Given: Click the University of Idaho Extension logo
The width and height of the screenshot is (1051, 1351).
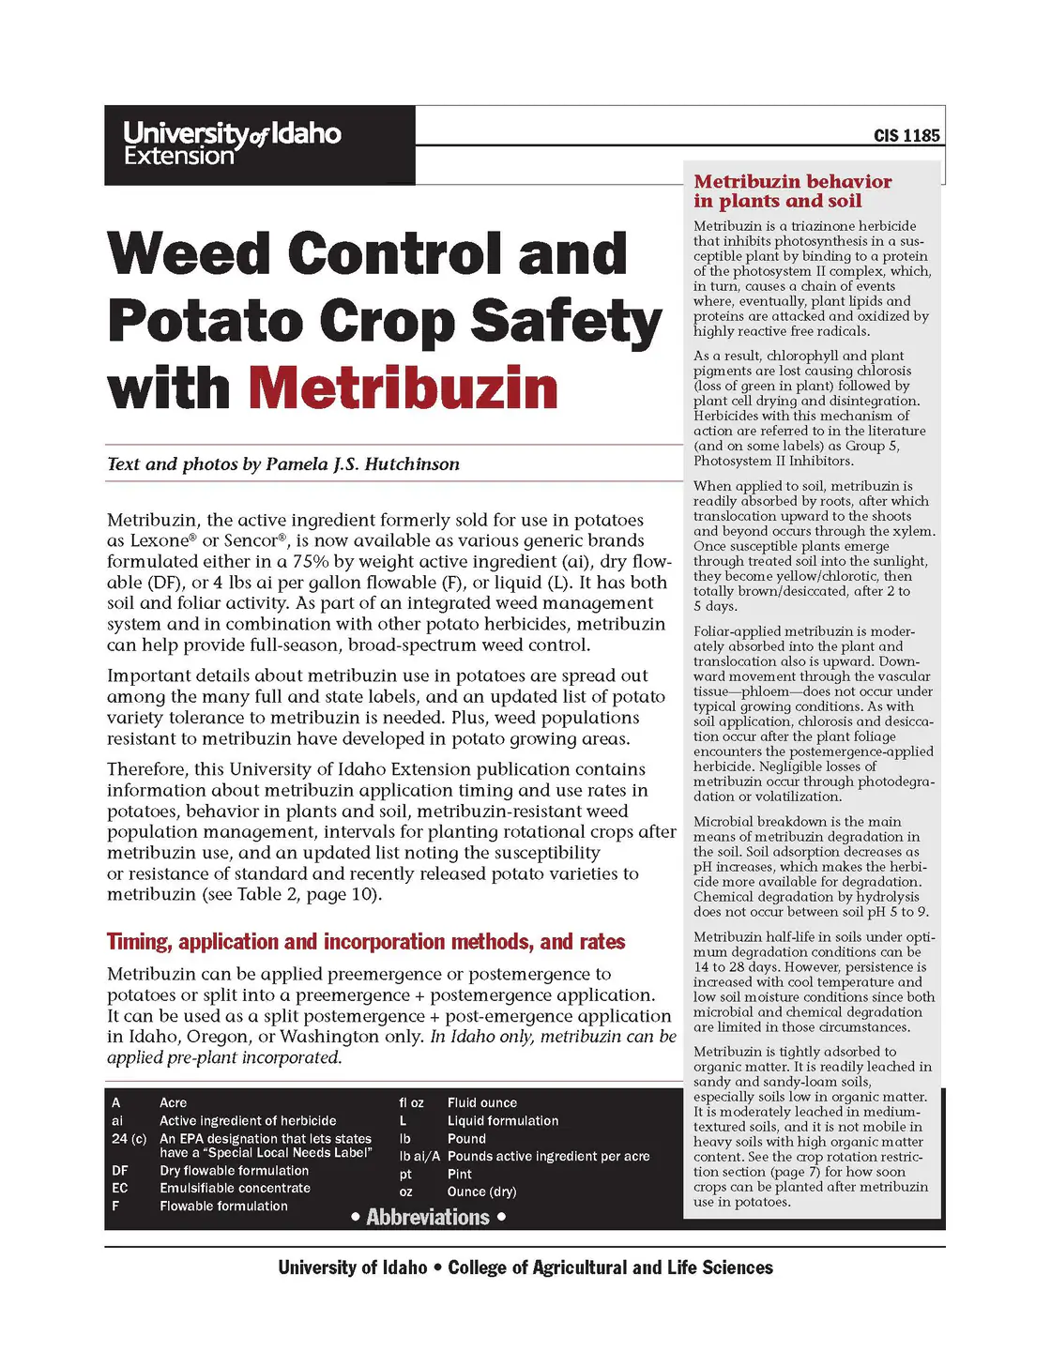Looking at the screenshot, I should click(x=232, y=144).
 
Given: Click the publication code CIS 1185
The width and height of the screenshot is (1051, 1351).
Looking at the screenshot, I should click(x=906, y=136).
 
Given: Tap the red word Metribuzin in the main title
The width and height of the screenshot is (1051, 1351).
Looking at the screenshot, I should click(x=404, y=388).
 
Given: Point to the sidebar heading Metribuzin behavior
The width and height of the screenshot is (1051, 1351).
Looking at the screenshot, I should click(x=792, y=182).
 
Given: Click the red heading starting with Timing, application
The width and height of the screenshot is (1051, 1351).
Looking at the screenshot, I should click(x=366, y=942).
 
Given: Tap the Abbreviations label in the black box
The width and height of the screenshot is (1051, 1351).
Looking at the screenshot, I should click(x=428, y=1218).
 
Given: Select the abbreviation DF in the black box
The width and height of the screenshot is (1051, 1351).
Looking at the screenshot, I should click(x=120, y=1171).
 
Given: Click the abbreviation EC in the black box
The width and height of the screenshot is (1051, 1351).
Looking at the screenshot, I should click(x=120, y=1189).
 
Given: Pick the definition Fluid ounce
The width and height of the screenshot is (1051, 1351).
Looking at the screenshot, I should click(x=481, y=1103).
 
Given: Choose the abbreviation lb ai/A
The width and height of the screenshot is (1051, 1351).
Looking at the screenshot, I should click(x=419, y=1157).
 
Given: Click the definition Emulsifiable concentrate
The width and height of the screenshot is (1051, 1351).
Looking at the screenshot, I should click(x=235, y=1189).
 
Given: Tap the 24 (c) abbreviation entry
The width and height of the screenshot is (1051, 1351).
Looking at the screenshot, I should click(x=129, y=1139).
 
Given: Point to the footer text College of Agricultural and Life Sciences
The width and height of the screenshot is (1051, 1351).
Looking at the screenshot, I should click(x=610, y=1268).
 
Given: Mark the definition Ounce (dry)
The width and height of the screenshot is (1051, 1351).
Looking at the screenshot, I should click(x=481, y=1192).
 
